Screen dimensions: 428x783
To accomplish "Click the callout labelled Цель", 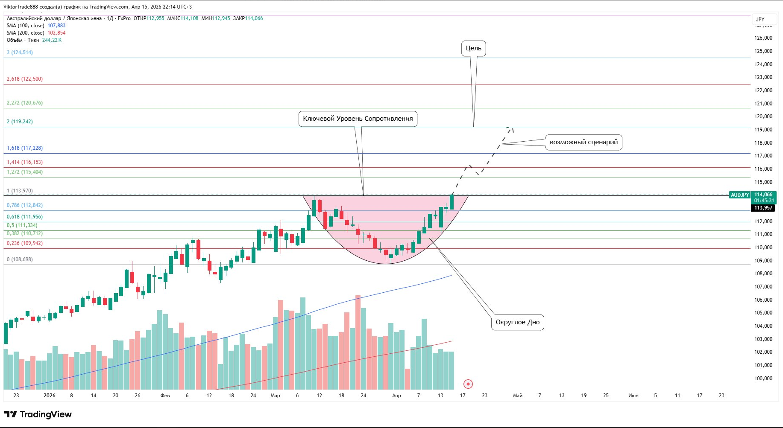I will pyautogui.click(x=473, y=48).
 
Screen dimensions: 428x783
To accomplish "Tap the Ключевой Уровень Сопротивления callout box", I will pyautogui.click(x=358, y=119).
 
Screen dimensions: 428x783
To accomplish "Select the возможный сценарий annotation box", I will pyautogui.click(x=584, y=142).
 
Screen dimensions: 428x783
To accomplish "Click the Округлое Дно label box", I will pyautogui.click(x=517, y=322).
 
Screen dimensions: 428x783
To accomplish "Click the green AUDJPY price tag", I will pyautogui.click(x=740, y=195).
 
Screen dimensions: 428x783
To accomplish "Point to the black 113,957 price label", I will pyautogui.click(x=763, y=208).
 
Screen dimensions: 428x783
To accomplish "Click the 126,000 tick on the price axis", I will pyautogui.click(x=763, y=38).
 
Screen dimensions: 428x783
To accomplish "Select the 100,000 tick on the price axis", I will pyautogui.click(x=763, y=379).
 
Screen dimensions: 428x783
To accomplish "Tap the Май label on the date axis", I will pyautogui.click(x=517, y=396).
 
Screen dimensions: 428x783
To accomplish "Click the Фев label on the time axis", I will pyautogui.click(x=165, y=396).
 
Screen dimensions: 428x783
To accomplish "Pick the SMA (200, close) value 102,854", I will pyautogui.click(x=56, y=33).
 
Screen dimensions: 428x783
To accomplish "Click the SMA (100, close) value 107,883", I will pyautogui.click(x=56, y=26).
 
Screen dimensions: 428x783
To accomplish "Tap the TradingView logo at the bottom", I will pyautogui.click(x=38, y=414).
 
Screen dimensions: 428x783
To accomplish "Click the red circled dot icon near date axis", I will pyautogui.click(x=468, y=384).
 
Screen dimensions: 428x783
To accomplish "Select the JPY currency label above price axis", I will pyautogui.click(x=760, y=19).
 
